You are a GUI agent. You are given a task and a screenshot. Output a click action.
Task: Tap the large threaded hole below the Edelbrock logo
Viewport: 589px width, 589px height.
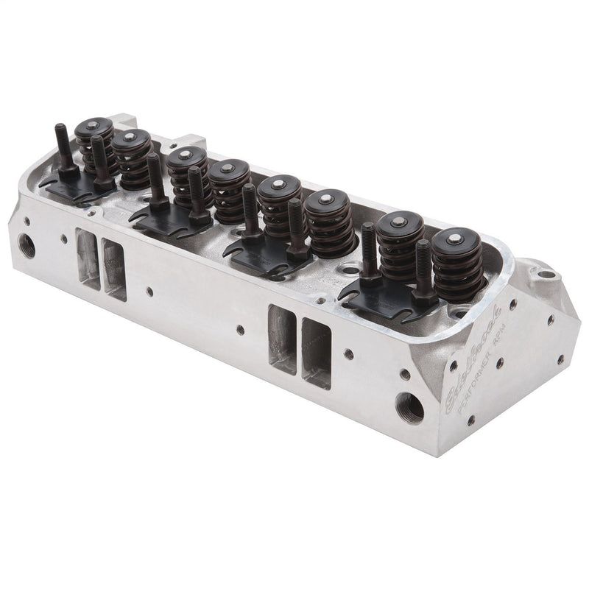410,406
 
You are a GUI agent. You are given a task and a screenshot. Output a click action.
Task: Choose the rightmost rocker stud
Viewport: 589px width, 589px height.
423,272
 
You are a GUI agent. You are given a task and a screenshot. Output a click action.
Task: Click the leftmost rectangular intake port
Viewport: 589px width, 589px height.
86,257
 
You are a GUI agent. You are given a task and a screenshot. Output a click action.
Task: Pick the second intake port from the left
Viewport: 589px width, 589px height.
114,269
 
